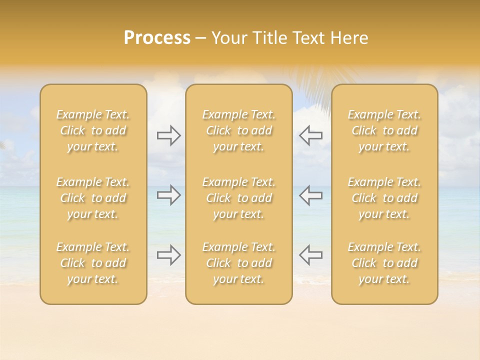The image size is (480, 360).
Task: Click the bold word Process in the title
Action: (157, 38)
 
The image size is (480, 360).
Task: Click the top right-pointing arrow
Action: (168, 135)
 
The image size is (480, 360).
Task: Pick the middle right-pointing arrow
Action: (168, 195)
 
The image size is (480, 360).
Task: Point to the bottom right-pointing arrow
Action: (168, 255)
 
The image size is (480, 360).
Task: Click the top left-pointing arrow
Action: (311, 135)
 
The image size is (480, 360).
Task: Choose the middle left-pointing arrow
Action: (311, 195)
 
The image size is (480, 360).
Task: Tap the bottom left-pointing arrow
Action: (311, 255)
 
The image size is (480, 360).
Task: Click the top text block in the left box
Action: (93, 130)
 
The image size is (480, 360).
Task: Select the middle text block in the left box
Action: (93, 198)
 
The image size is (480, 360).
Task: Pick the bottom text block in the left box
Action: (93, 263)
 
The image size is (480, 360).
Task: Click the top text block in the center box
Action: (239, 130)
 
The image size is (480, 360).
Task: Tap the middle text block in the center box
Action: (239, 198)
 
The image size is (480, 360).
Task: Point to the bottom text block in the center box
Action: (239, 263)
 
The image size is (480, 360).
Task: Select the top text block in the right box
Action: (384, 130)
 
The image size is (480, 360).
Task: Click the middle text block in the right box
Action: (384, 198)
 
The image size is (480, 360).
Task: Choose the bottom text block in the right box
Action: (384, 263)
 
